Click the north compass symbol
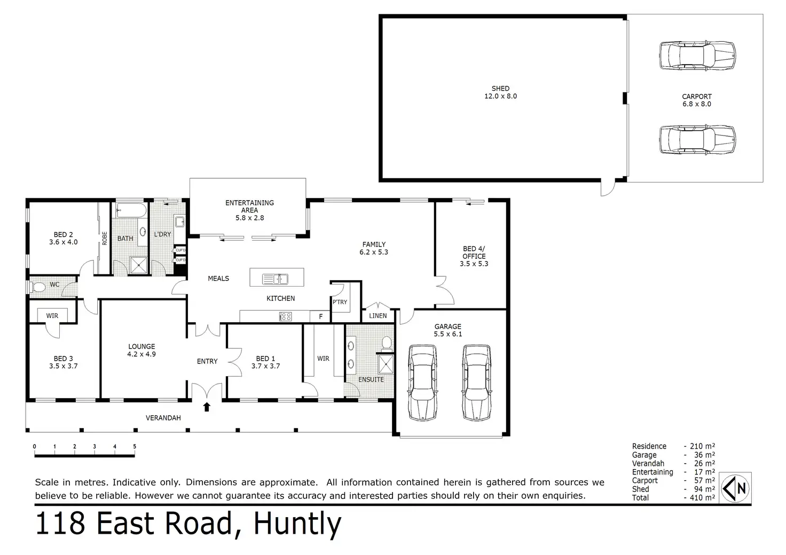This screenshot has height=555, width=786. click(735, 488)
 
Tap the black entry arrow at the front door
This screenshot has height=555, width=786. click(207, 407)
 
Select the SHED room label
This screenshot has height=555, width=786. click(500, 89)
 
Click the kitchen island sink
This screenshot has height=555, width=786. click(275, 279)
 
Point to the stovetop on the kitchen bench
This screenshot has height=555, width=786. click(285, 316)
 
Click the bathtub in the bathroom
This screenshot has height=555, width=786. click(131, 210)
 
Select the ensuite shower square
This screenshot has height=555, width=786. click(386, 364)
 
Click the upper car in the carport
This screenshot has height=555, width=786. click(697, 55)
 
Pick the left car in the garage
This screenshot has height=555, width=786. click(423, 383)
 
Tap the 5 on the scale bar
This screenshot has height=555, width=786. click(135, 446)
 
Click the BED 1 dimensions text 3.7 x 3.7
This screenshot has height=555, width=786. click(265, 366)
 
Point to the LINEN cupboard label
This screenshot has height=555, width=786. click(378, 315)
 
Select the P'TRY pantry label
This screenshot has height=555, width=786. click(340, 302)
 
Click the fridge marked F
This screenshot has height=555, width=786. click(321, 316)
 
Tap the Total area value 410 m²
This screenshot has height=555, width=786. click(702, 497)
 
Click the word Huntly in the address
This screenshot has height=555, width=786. click(297, 524)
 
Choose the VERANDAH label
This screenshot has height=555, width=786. click(163, 417)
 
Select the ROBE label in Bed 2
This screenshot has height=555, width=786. click(104, 239)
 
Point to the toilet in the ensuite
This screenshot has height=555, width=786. click(387, 343)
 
